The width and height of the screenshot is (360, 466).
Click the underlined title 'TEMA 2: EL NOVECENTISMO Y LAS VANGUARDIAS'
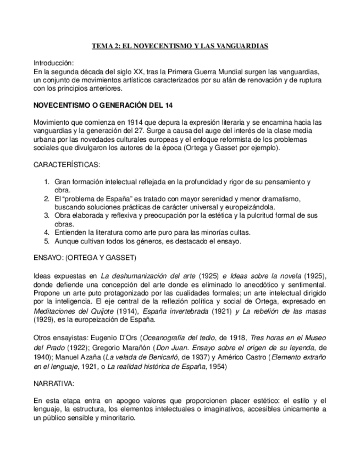pyautogui.click(x=180, y=46)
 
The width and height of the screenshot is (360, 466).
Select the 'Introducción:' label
pyautogui.click(x=53, y=63)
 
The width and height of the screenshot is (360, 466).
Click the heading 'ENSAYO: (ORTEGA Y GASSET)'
pyautogui.click(x=85, y=258)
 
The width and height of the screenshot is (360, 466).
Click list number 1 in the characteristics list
pyautogui.click(x=47, y=181)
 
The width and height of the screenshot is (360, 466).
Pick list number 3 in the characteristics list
pyautogui.click(x=47, y=216)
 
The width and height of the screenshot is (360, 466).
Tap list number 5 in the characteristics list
pyautogui.click(x=47, y=241)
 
